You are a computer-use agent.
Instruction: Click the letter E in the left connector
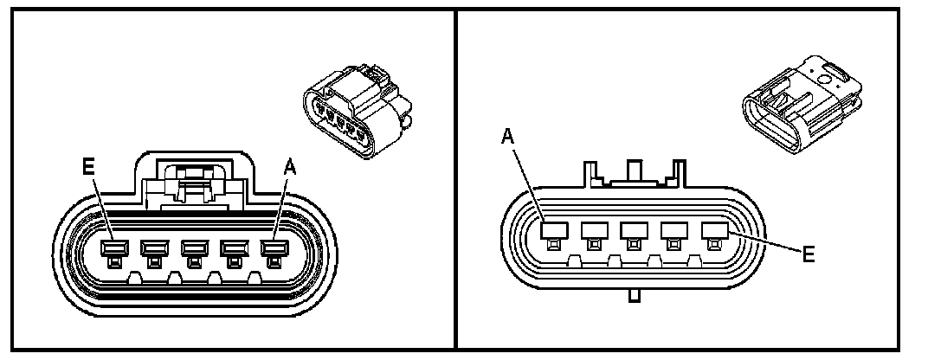[x=87, y=167]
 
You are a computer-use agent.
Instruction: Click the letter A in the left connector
[x=290, y=170]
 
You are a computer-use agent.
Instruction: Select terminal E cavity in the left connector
[x=113, y=252]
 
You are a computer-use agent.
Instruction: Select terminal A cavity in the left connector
[x=274, y=252]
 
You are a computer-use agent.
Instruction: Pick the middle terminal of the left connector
[x=193, y=252]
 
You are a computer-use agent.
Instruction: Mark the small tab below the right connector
[x=634, y=296]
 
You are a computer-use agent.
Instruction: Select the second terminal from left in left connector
[x=153, y=252]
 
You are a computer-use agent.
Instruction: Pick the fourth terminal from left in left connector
[x=234, y=252]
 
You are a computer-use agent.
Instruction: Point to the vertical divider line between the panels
[x=456, y=180]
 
